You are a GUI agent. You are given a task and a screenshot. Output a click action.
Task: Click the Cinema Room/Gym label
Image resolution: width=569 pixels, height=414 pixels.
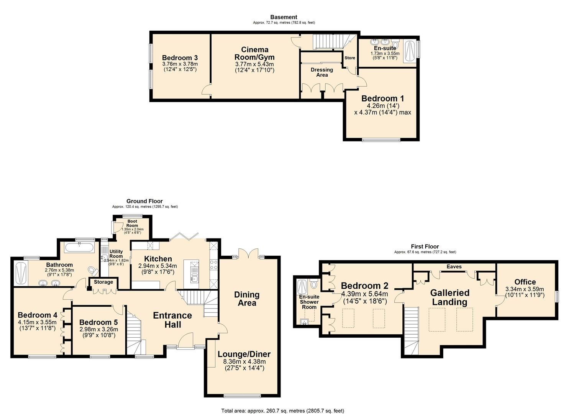[x=254, y=53]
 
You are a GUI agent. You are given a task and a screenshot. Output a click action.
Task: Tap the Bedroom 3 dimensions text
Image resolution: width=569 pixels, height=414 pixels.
[x=180, y=67]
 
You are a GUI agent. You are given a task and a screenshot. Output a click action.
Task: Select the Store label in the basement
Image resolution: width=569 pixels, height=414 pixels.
[x=349, y=58]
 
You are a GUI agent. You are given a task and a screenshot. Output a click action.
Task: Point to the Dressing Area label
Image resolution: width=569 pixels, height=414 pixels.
[x=321, y=72]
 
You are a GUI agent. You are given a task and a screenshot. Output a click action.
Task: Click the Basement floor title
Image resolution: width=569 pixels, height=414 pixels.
[x=284, y=17]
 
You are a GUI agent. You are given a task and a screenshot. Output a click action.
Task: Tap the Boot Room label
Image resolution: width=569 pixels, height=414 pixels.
[x=132, y=223]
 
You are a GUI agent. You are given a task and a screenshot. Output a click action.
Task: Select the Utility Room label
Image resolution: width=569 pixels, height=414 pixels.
[x=116, y=254]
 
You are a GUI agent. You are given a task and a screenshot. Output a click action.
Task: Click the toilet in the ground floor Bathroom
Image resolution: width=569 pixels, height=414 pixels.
[x=92, y=271]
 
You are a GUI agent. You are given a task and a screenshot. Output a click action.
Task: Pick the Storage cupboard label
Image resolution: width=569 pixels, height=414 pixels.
[x=103, y=282]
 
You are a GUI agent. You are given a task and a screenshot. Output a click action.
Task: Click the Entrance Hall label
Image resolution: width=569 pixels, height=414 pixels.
[x=172, y=320]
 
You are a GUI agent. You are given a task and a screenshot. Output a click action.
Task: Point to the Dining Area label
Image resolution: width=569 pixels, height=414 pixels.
[x=247, y=299]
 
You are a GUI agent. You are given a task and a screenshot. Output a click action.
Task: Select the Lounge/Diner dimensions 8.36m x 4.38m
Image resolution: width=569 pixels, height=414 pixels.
[x=244, y=361]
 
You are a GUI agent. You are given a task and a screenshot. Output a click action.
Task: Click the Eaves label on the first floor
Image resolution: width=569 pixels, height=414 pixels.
[x=454, y=266]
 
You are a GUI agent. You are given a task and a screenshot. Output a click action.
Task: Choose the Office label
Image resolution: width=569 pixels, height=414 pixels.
[x=525, y=282]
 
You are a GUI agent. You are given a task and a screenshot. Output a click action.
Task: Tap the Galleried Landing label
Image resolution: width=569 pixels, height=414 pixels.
[x=449, y=297]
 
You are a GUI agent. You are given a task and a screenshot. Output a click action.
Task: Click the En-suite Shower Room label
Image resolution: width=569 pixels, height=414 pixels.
[x=309, y=302]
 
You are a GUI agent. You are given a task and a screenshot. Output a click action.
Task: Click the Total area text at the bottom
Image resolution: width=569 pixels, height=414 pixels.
[x=282, y=411]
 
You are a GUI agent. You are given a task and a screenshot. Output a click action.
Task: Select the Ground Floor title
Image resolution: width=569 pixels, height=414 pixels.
[x=144, y=201]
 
